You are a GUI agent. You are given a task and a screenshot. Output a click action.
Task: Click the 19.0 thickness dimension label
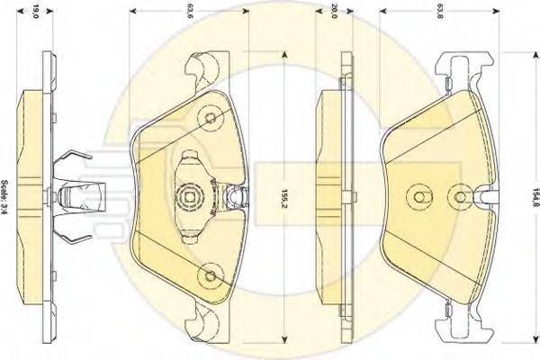(35, 11)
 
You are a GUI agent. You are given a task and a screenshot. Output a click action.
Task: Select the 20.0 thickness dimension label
(333, 11)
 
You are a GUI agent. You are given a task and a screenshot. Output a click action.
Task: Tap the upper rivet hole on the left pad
(211, 117)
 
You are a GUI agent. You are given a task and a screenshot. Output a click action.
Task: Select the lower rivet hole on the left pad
(211, 274)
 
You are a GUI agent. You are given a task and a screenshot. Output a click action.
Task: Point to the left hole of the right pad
(416, 196)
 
